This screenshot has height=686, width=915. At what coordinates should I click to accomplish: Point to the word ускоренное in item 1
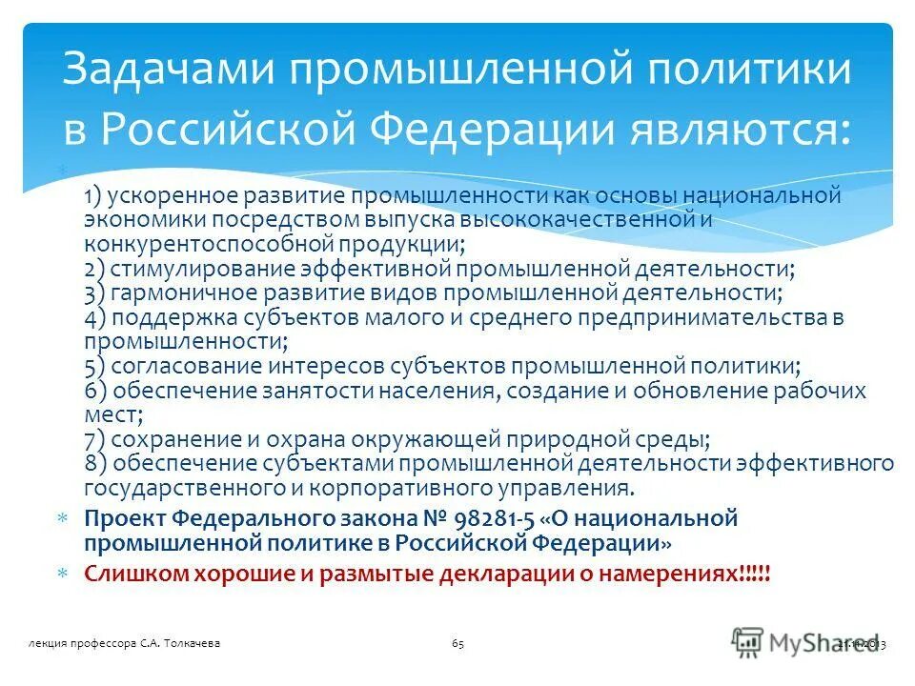163,196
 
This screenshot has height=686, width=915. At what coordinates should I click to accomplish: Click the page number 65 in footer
457,645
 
